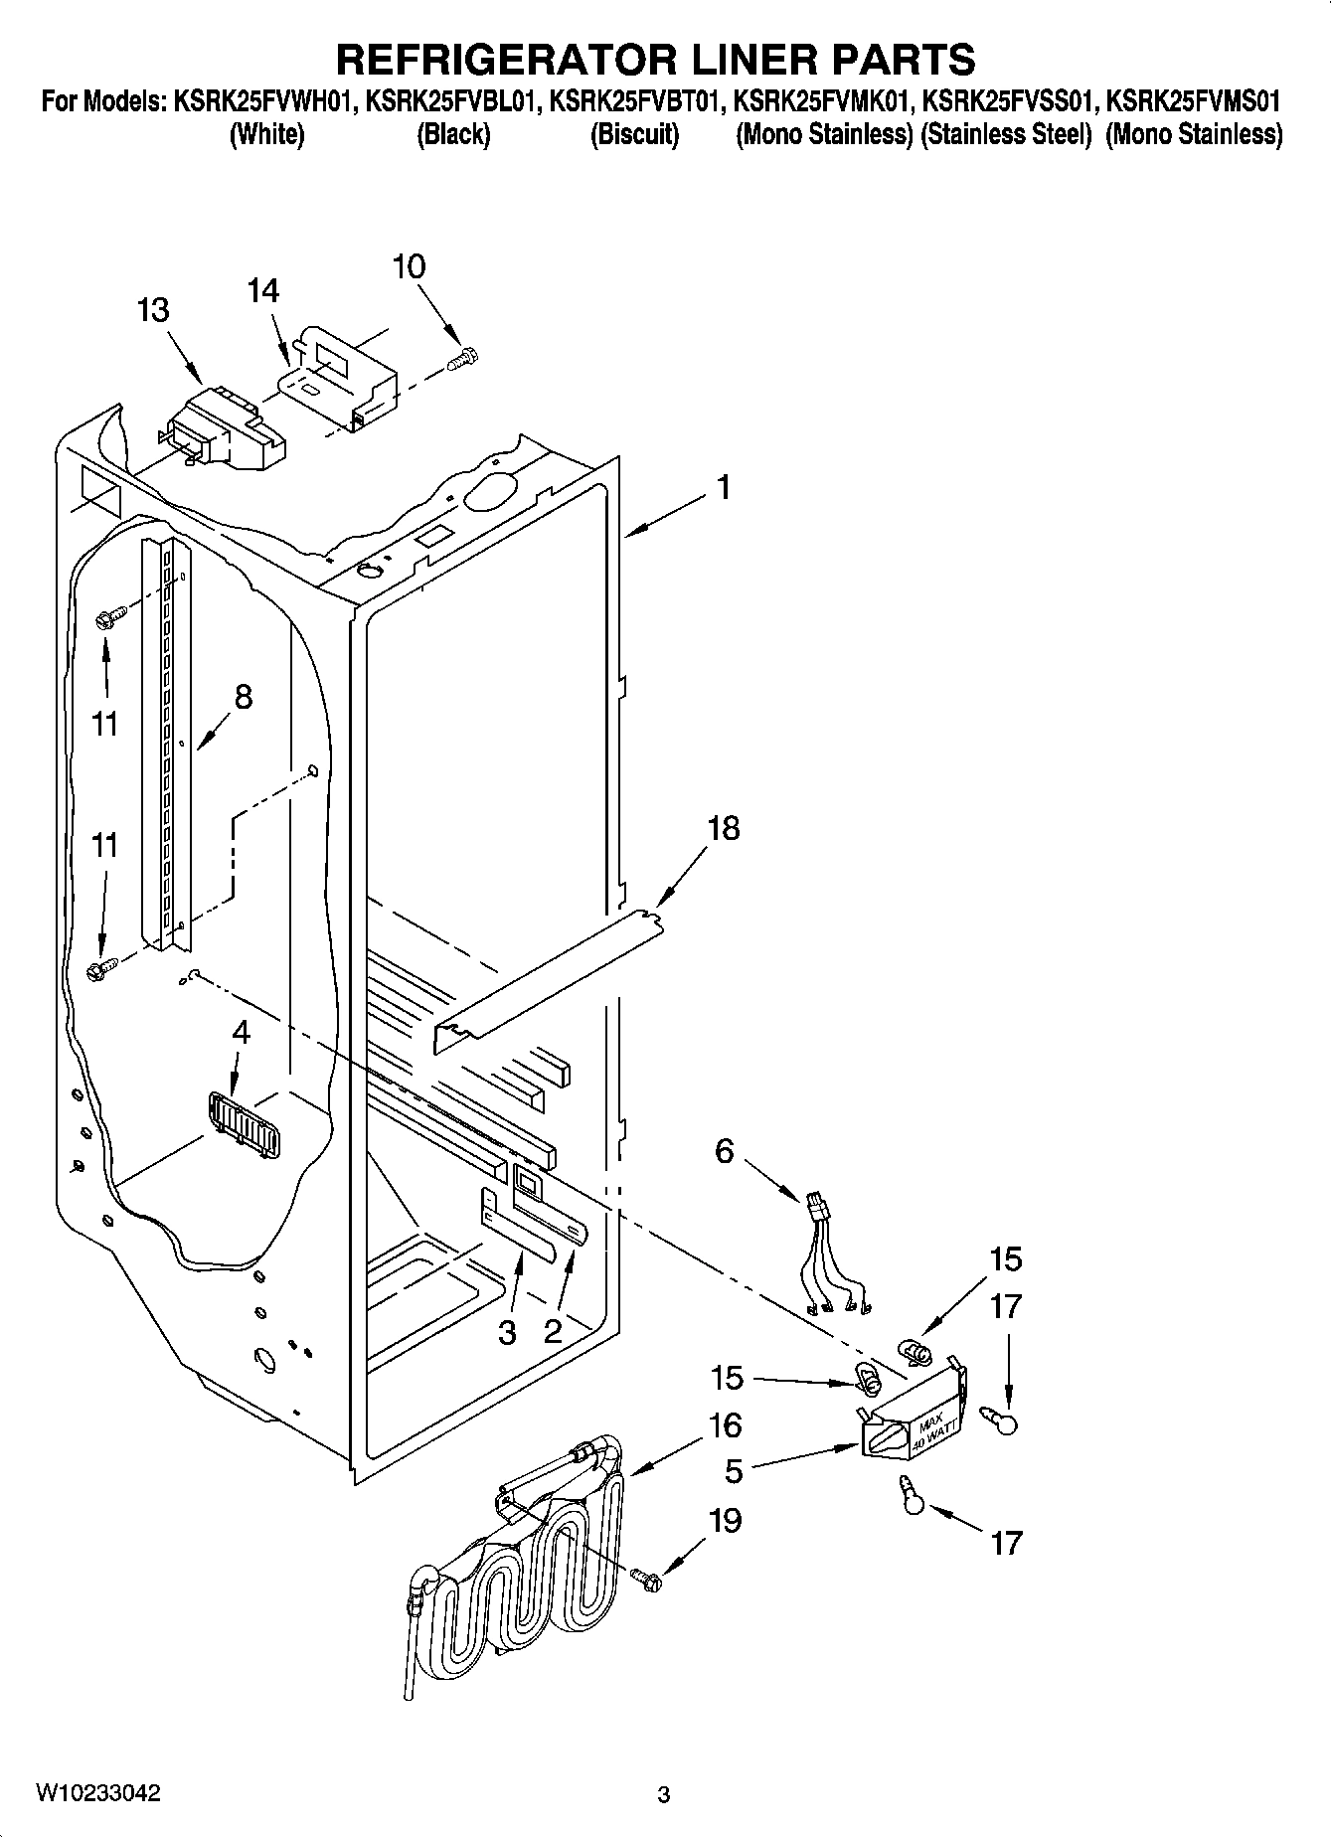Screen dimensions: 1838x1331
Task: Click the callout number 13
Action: pyautogui.click(x=153, y=310)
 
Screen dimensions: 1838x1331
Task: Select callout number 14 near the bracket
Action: pyautogui.click(x=263, y=290)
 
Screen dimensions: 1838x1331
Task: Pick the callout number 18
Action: pyautogui.click(x=724, y=827)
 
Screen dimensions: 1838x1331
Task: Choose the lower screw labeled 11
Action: pyautogui.click(x=101, y=967)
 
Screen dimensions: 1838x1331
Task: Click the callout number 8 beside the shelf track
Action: pyautogui.click(x=243, y=697)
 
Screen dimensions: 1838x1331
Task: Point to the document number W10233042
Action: pyautogui.click(x=98, y=1792)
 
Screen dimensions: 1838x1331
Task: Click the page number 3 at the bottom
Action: pyautogui.click(x=664, y=1794)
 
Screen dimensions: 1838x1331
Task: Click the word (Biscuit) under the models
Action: pyautogui.click(x=634, y=134)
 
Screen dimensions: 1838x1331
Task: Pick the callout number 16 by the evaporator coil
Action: pyautogui.click(x=726, y=1424)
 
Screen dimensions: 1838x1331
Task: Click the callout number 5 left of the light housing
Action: pyautogui.click(x=733, y=1470)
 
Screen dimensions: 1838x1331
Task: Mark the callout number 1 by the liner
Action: pyautogui.click(x=725, y=487)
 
